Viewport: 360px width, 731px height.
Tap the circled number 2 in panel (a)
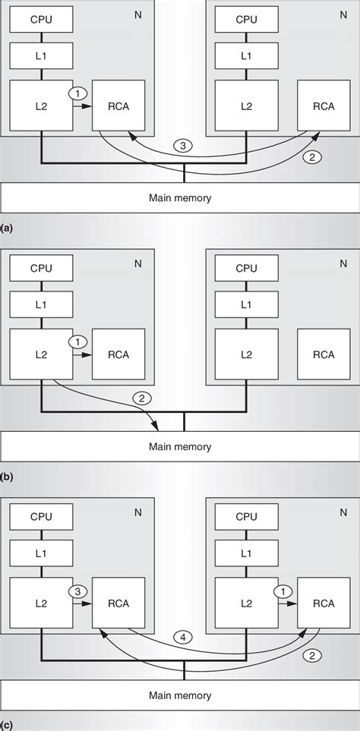[x=309, y=158]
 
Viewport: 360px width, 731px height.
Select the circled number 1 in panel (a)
[x=77, y=93]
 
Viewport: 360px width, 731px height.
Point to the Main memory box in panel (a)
[x=180, y=198]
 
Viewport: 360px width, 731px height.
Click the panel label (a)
[x=7, y=227]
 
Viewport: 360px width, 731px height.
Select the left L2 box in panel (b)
[x=41, y=354]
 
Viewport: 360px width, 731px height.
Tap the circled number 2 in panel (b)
[x=141, y=397]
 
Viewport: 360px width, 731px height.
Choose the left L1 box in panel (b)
[x=41, y=304]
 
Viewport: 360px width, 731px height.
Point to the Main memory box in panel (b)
[x=180, y=447]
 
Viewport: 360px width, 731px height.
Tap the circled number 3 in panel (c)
[x=77, y=590]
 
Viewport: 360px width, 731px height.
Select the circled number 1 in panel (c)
[x=284, y=590]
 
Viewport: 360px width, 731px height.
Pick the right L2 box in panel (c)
[x=246, y=603]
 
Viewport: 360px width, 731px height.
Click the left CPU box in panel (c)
[x=41, y=516]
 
